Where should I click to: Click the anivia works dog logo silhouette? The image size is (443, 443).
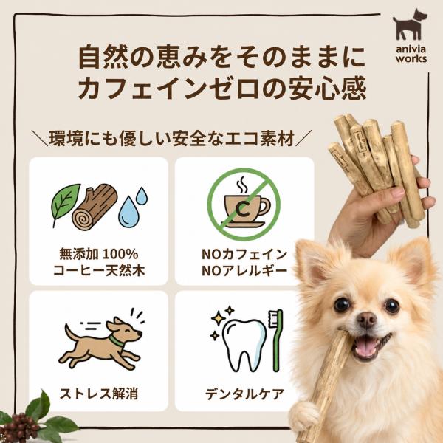coord(410,25)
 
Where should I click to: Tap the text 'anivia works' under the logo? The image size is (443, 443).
coord(411,54)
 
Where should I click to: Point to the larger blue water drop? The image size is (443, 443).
coord(128,212)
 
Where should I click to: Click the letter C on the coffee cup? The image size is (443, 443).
coord(242,209)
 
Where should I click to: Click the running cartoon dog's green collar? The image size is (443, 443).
coord(116,341)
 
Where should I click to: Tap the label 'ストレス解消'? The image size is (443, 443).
coord(99,394)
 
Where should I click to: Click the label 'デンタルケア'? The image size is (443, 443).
coord(244,394)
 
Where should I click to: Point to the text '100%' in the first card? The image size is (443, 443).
coord(120,255)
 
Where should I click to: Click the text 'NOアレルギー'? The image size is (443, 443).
coord(244,271)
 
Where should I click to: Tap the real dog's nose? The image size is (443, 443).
coord(366,319)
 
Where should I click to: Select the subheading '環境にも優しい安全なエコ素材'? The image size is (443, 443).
coord(171,138)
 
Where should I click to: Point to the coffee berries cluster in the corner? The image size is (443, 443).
coord(19,427)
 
